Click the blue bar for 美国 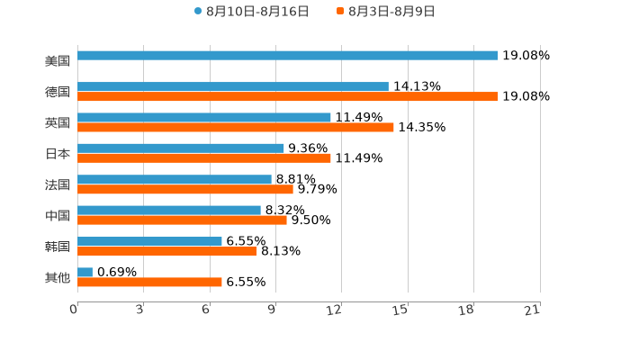pos(288,56)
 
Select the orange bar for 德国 pos(288,96)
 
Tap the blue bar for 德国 pos(233,86)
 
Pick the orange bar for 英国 pos(236,127)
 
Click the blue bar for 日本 pos(181,148)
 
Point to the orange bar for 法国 pos(185,189)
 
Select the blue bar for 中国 pos(169,211)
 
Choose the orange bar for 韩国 pos(167,251)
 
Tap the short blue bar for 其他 pos(85,272)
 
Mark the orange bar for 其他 pos(149,282)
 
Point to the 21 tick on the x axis pos(533,310)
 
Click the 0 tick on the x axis pos(75,310)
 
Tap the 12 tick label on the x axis pos(335,310)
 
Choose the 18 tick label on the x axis pos(466,310)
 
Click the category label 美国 pos(58,61)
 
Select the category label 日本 pos(58,154)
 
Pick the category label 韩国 pos(58,247)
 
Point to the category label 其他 pos(58,278)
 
